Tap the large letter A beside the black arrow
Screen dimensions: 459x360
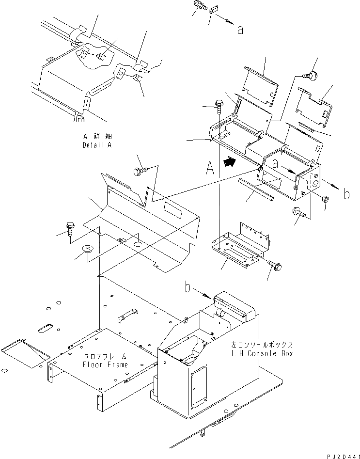tap(210, 168)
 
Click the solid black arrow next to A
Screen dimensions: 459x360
tap(230, 162)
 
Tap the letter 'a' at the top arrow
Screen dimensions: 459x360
tap(240, 30)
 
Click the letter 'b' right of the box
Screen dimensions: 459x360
tap(346, 195)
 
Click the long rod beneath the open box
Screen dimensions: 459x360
tap(256, 189)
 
